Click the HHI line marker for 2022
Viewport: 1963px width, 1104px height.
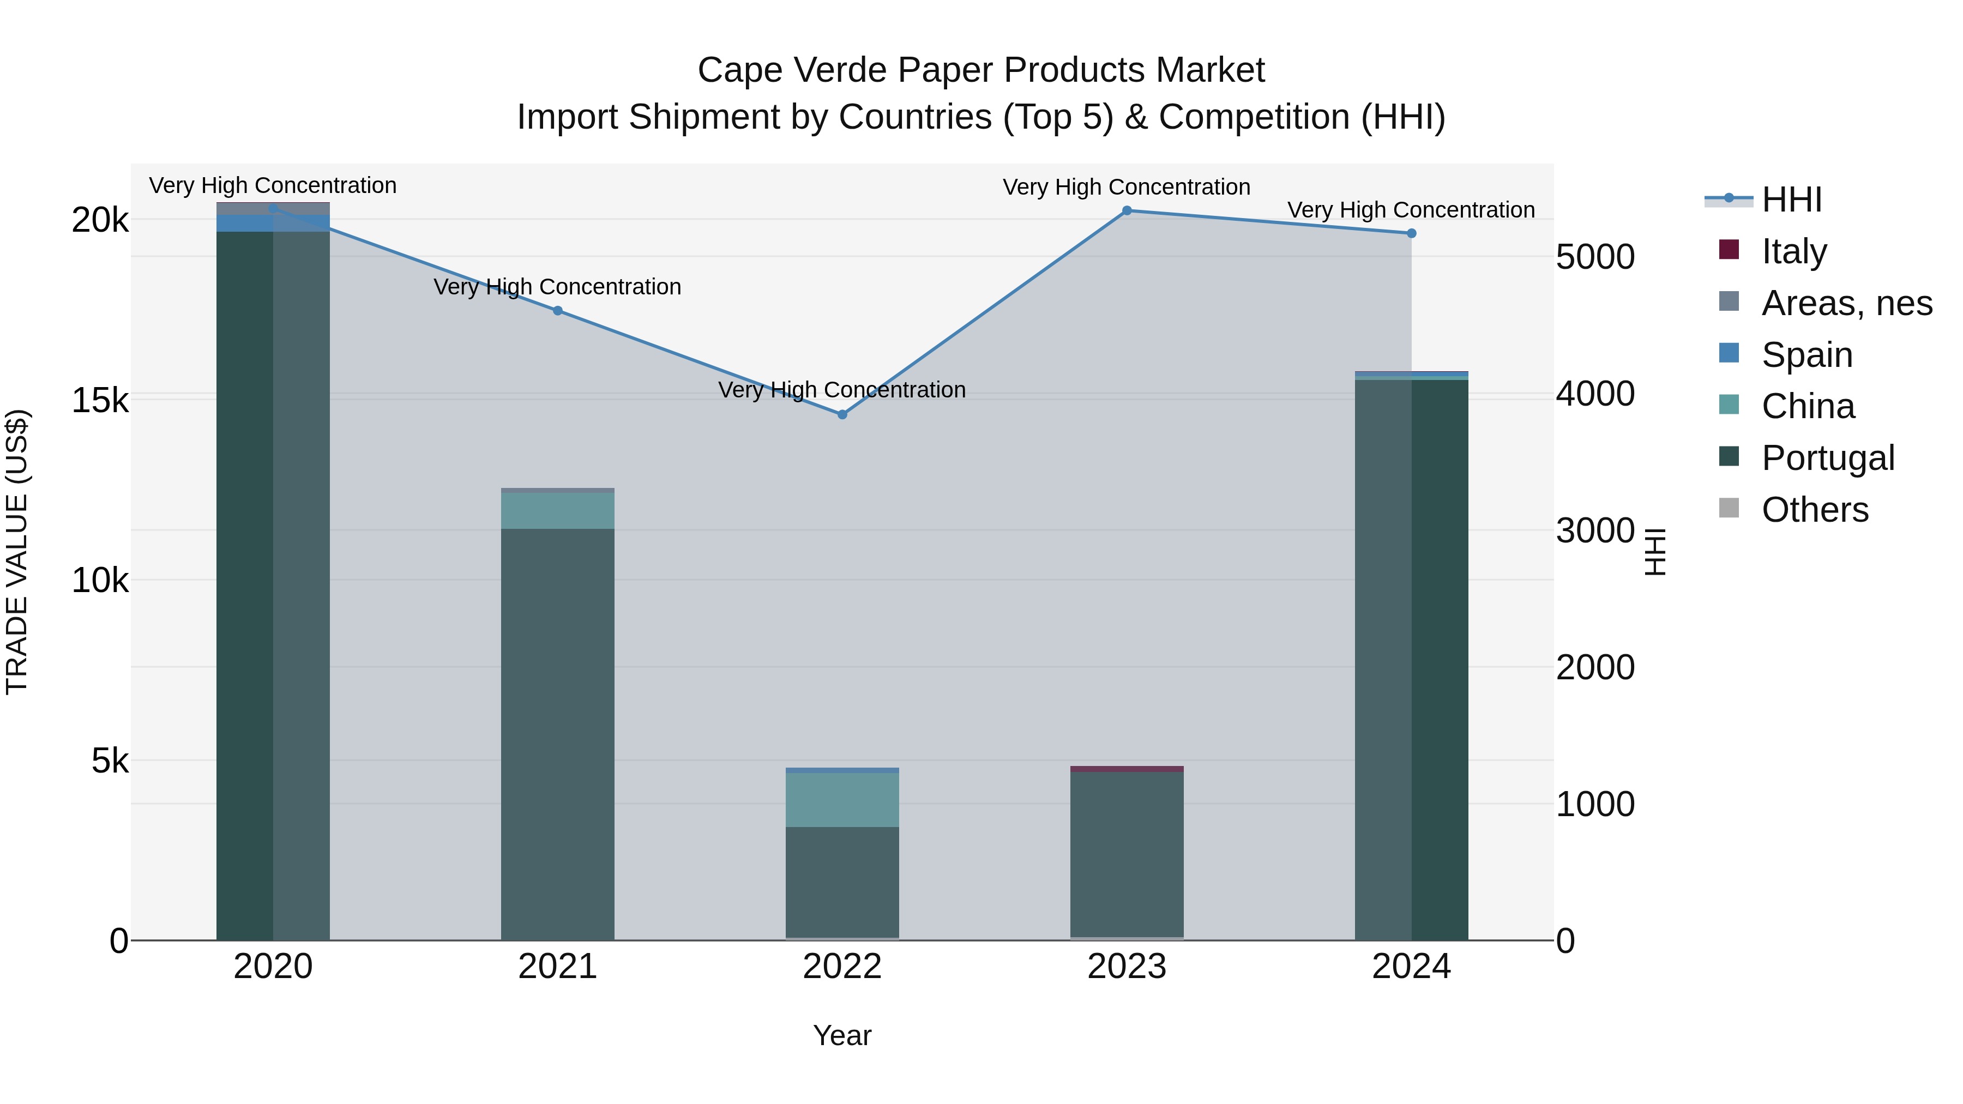[842, 414]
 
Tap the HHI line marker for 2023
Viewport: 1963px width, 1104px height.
[1127, 210]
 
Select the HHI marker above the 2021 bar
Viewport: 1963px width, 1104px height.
[558, 310]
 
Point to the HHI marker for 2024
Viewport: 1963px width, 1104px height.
[1411, 233]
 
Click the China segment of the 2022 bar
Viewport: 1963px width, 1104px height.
[842, 800]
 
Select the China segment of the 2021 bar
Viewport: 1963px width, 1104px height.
[558, 510]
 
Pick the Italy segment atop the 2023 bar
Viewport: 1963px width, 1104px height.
[1127, 769]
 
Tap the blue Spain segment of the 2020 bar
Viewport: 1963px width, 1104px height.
[273, 223]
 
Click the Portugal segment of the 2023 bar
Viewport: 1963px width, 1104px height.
[1127, 853]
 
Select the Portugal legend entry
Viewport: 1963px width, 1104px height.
[1827, 458]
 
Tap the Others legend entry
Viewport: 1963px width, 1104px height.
[1814, 509]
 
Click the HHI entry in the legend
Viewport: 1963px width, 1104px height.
[1791, 200]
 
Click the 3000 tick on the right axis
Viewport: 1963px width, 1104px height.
[1595, 530]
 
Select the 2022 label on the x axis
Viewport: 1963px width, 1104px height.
[842, 967]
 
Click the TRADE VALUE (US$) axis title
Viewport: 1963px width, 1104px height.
[17, 552]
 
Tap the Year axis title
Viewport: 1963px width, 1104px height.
[842, 1035]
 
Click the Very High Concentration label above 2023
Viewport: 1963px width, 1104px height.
[1127, 186]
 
